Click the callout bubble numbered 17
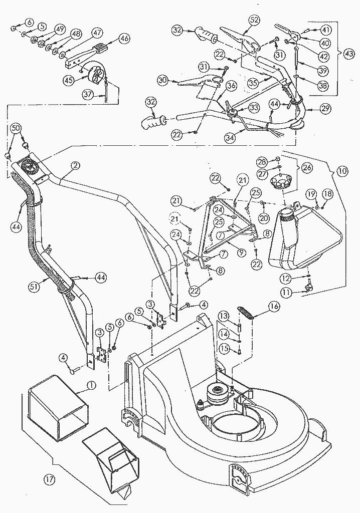49,480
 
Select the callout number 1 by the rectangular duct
91,385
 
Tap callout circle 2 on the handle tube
75,165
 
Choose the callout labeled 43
349,52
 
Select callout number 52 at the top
254,20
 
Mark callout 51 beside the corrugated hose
34,287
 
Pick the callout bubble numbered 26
306,167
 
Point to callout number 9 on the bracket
241,252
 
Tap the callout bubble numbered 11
286,291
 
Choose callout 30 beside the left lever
162,79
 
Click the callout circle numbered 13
224,315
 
